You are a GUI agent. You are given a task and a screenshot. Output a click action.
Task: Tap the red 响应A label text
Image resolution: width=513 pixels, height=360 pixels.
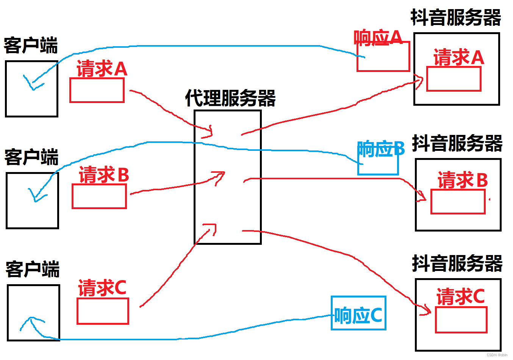(378, 38)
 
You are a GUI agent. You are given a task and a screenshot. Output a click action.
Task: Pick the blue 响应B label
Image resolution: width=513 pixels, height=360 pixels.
(381, 149)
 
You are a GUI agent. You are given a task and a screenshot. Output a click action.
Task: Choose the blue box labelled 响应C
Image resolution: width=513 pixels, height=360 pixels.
(358, 313)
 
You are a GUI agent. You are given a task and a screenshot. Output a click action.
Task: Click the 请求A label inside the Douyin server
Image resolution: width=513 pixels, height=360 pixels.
(459, 58)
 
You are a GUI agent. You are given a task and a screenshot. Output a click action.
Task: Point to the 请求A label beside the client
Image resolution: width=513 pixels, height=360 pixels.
(102, 69)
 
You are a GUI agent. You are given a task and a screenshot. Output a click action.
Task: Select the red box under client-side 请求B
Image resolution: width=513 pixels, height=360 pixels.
(99, 196)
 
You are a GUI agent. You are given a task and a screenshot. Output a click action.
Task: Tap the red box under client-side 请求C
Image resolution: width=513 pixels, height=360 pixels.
(103, 311)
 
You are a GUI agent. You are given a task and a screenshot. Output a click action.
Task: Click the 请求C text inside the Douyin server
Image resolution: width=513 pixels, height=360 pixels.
(460, 296)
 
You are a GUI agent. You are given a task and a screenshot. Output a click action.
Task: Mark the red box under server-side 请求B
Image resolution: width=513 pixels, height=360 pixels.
(458, 202)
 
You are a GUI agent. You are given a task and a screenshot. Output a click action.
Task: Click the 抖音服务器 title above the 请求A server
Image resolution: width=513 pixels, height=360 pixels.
(456, 18)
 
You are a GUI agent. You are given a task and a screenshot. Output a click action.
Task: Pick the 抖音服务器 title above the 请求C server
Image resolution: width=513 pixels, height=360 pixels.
(457, 263)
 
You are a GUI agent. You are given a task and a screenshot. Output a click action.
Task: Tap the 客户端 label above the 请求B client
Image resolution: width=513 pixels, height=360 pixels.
(31, 157)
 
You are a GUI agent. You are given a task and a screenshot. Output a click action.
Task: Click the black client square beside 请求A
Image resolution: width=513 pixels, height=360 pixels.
(31, 89)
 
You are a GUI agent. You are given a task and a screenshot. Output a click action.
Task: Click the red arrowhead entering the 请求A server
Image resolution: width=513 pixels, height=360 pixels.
(419, 81)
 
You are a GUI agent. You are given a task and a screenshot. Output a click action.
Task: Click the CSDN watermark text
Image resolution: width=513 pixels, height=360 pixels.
(497, 355)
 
